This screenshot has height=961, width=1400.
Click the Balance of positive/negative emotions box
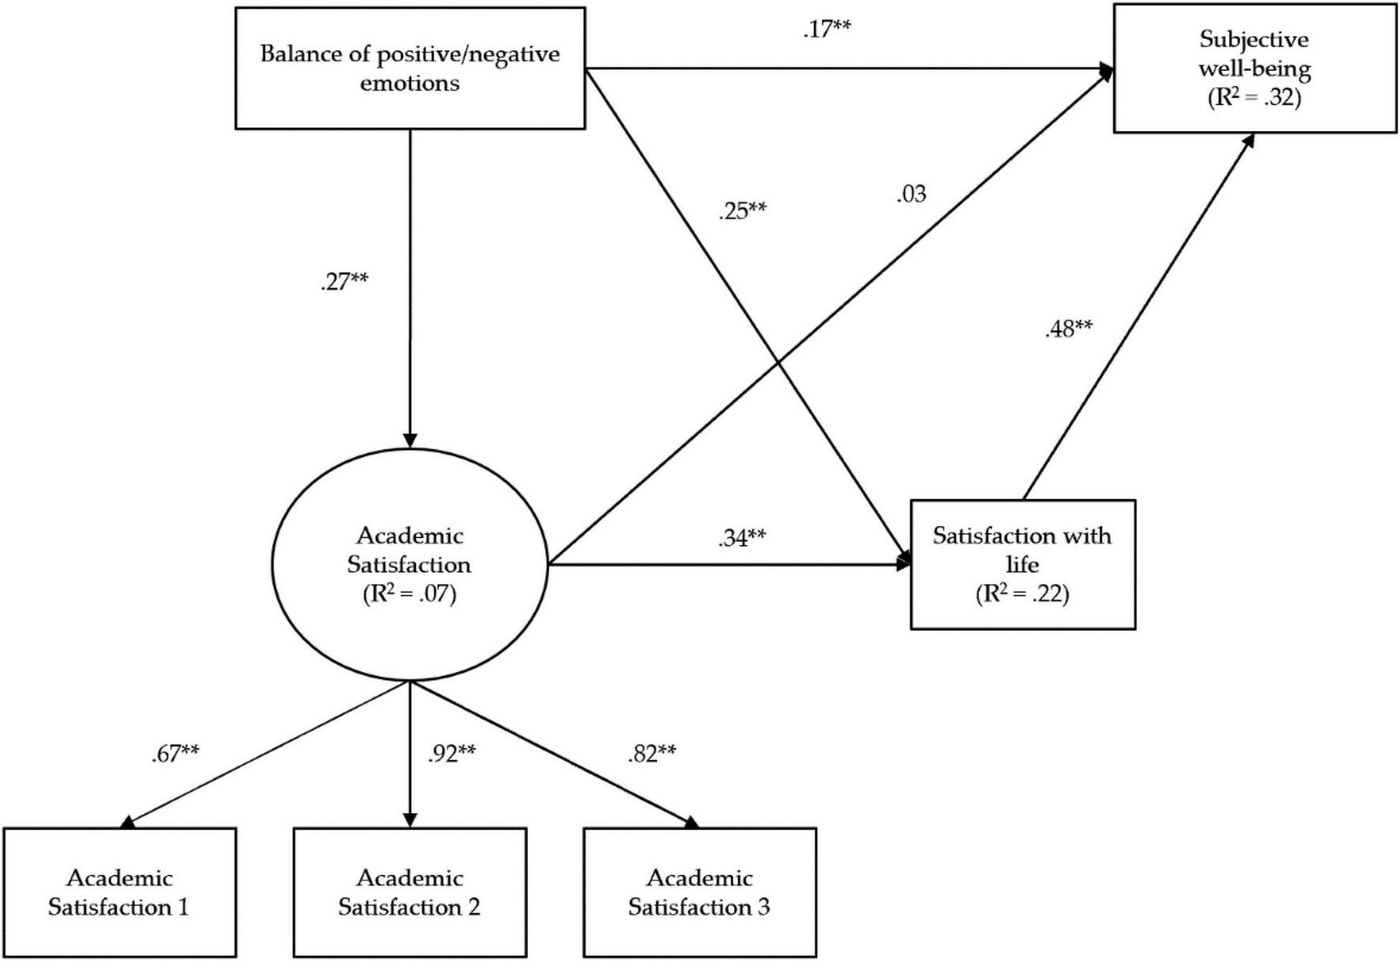click(x=410, y=68)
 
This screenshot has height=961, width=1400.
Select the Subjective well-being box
click(x=1254, y=68)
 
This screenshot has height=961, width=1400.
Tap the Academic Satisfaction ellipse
click(x=409, y=564)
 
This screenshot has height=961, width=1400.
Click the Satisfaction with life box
click(x=1022, y=564)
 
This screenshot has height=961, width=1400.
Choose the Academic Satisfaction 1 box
click(x=119, y=892)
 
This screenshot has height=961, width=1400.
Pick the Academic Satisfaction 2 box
click(x=409, y=892)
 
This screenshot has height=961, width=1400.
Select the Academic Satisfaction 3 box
click(x=699, y=892)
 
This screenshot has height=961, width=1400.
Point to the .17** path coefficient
click(x=826, y=29)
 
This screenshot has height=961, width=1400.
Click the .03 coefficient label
click(x=911, y=193)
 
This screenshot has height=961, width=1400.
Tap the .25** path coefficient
click(x=742, y=211)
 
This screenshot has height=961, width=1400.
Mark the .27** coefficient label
click(x=344, y=282)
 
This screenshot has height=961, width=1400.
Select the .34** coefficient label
click(x=742, y=538)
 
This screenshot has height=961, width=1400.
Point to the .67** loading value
click(x=175, y=753)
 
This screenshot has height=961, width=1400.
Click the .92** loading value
click(x=451, y=753)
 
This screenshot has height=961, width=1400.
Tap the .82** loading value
click(x=652, y=753)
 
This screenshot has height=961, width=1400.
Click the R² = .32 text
click(x=1254, y=98)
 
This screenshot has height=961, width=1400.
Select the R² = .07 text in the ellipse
click(x=409, y=594)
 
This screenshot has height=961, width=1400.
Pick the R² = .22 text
click(x=1022, y=594)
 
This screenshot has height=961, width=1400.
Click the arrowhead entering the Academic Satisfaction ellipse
click(x=409, y=441)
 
